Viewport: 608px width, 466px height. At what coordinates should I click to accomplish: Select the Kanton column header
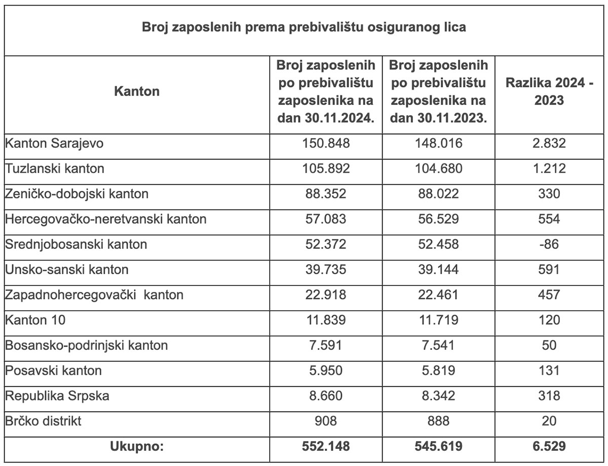[x=137, y=92]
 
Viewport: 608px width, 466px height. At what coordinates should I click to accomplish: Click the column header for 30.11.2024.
[x=326, y=92]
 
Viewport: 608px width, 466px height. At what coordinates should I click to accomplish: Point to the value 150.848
[x=326, y=143]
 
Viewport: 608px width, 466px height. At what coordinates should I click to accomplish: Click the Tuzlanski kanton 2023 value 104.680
[x=438, y=168]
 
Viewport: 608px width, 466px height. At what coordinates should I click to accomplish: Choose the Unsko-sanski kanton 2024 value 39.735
[x=326, y=269]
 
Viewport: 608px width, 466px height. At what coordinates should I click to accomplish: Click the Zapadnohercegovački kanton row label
[x=94, y=294]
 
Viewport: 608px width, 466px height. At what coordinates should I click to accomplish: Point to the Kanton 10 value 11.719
[x=438, y=320]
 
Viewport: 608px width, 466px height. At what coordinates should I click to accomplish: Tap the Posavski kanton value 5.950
[x=326, y=370]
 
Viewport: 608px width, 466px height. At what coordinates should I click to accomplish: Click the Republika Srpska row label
[x=57, y=395]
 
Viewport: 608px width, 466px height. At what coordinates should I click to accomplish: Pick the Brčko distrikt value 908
[x=326, y=420]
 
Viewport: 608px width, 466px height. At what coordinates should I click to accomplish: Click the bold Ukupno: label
[x=137, y=446]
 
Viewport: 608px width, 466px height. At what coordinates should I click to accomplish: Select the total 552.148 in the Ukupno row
[x=326, y=446]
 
